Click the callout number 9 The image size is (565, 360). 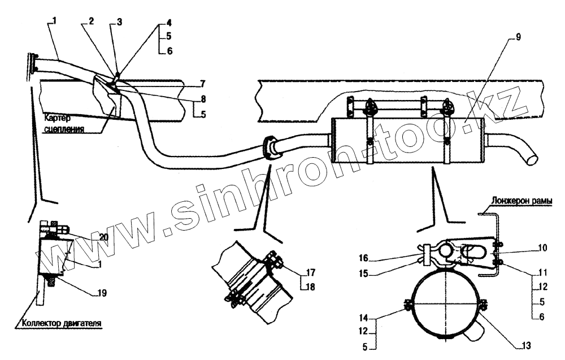tap(519, 38)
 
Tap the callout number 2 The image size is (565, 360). tap(92, 21)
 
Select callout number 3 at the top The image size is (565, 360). tap(119, 21)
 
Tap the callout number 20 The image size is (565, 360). tap(104, 237)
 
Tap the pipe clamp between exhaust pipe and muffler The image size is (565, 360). tap(270, 148)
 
